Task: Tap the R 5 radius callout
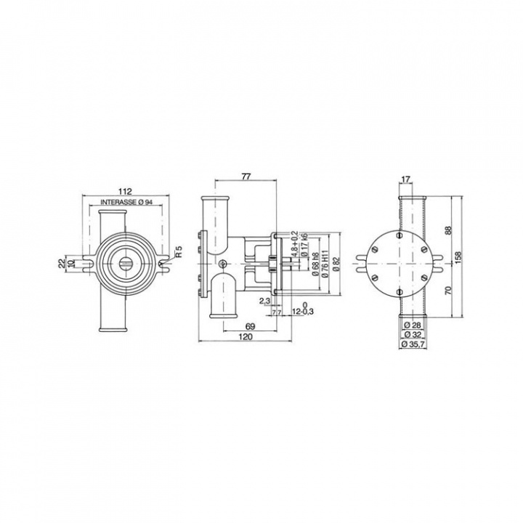[177, 254]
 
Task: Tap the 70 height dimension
[449, 289]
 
